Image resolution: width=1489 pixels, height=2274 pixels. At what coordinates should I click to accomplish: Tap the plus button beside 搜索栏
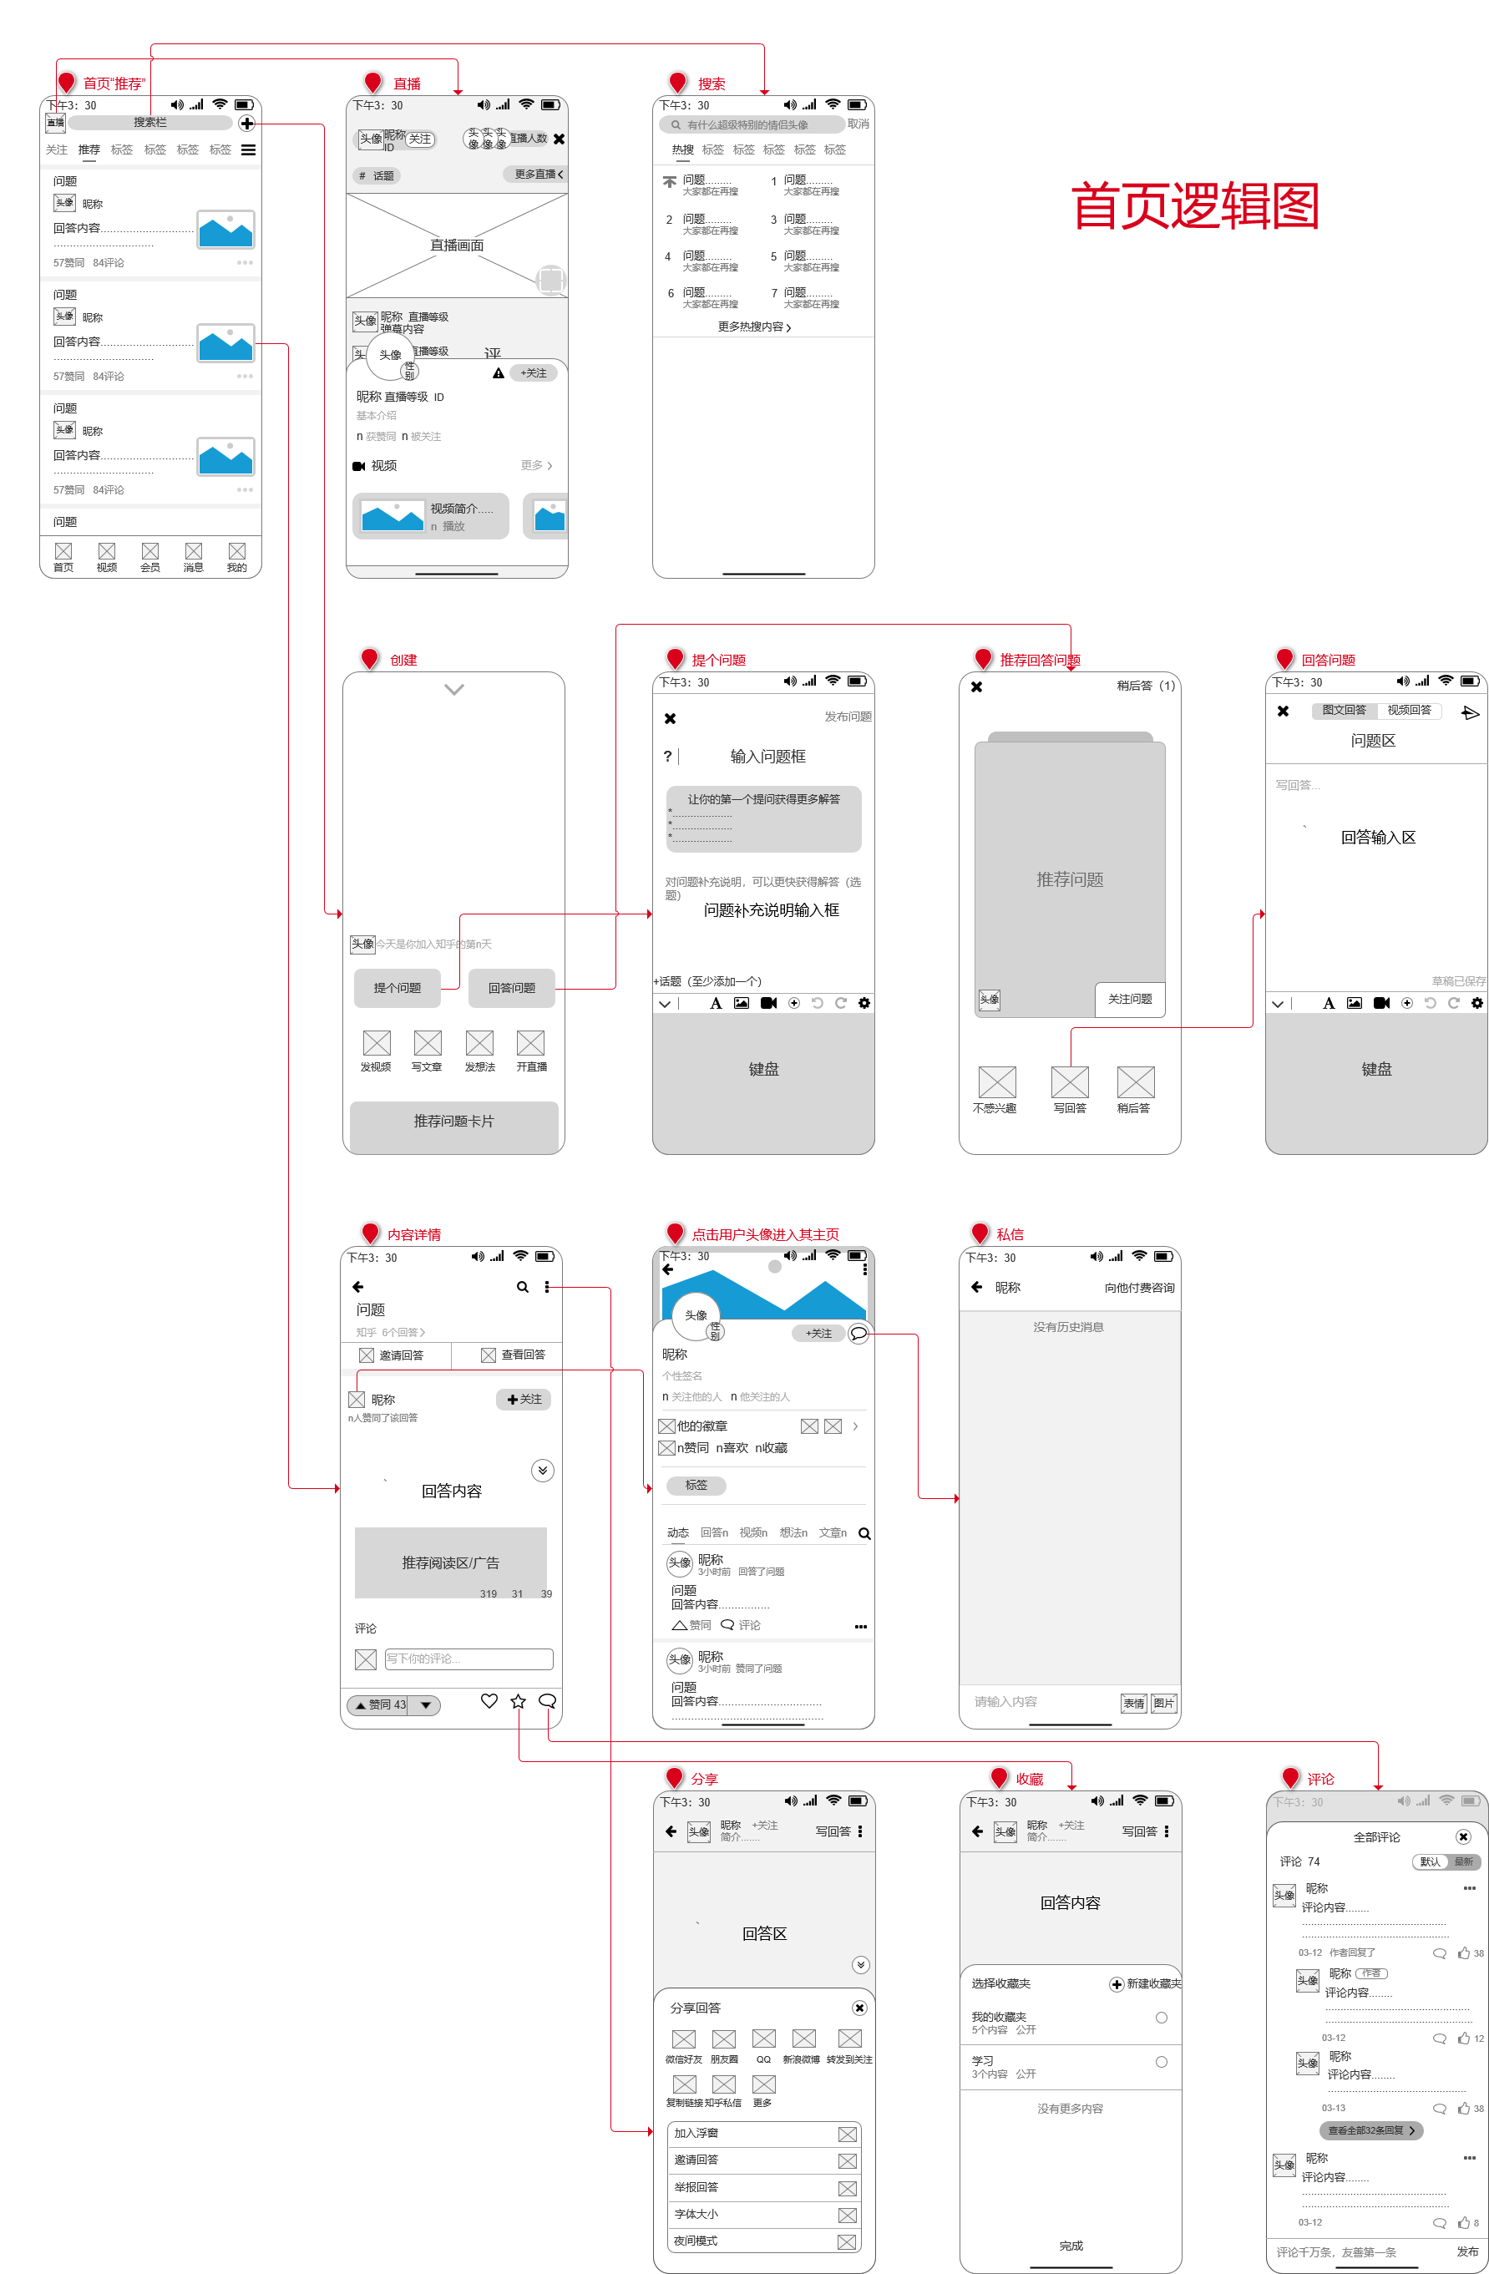coord(246,124)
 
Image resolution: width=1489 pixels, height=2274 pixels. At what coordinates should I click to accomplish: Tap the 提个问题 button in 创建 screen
coord(397,988)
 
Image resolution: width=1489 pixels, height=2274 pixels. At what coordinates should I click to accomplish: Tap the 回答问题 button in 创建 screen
coord(511,988)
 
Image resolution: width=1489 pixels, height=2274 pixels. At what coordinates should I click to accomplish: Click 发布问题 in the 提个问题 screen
coord(847,717)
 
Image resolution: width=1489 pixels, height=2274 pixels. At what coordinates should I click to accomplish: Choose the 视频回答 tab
coord(1409,710)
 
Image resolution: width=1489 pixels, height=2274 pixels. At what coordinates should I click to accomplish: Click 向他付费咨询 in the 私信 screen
coord(1138,1288)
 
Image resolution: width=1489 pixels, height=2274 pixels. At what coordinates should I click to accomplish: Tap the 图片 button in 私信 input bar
coord(1163,1703)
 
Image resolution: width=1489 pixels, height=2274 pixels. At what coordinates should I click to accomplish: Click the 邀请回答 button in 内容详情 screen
coord(392,1355)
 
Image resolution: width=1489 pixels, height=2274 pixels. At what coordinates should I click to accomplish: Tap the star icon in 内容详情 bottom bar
coord(518,1701)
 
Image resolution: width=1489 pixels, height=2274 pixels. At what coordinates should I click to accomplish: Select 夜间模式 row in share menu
coord(762,2241)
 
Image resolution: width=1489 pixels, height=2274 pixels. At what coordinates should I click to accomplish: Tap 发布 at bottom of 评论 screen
coord(1466,2251)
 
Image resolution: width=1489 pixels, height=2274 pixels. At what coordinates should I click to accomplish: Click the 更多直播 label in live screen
coord(537,174)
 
